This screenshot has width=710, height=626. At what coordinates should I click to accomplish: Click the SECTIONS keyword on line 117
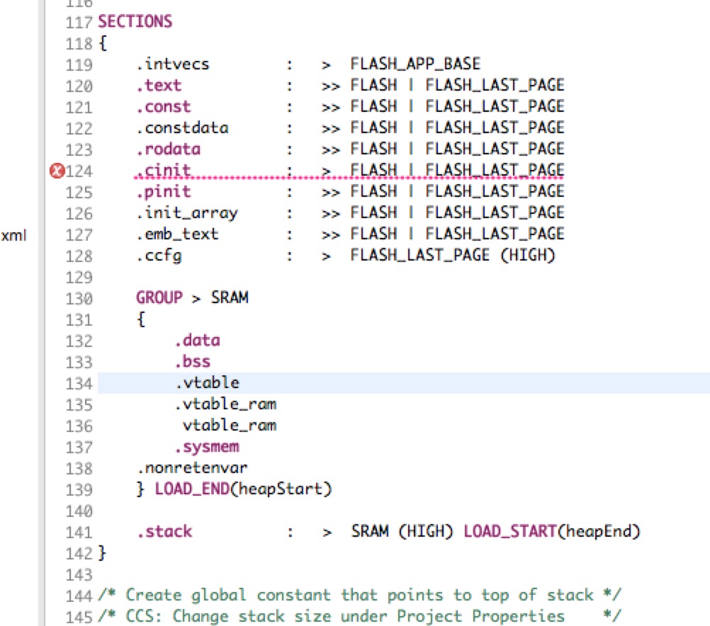point(135,21)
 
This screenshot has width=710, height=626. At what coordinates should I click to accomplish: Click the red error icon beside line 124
point(57,171)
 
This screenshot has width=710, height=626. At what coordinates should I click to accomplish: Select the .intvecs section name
point(172,64)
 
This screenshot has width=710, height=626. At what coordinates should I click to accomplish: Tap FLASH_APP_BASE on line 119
point(415,64)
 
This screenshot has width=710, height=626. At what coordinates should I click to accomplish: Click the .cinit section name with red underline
point(163,170)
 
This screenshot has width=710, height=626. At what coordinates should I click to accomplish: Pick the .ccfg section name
point(159,256)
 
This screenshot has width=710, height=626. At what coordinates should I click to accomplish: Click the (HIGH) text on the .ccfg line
point(528,256)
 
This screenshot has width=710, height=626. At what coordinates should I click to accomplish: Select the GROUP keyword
point(159,298)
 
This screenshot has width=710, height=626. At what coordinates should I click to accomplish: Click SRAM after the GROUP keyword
point(230,298)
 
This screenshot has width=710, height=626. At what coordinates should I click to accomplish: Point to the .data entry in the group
point(198,341)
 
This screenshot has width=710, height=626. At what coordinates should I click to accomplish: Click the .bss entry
point(193,362)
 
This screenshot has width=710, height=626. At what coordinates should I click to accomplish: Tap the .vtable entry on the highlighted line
point(207,383)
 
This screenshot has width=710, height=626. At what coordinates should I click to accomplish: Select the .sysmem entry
point(207,448)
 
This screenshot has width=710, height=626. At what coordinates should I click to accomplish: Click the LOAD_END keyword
point(192,489)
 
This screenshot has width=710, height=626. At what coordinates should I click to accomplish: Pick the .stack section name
point(164,532)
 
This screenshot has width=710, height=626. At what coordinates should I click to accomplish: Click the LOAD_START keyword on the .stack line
point(510,531)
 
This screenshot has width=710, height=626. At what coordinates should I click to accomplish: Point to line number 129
point(79,277)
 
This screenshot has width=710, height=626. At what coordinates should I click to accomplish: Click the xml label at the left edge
point(13,235)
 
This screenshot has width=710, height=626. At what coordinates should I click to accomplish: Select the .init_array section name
point(187,213)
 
